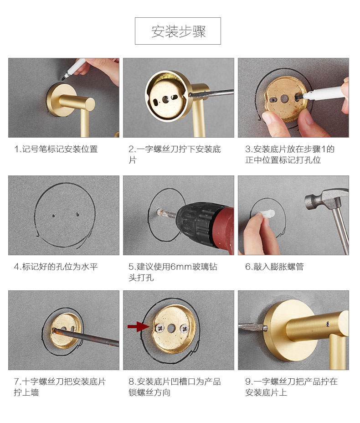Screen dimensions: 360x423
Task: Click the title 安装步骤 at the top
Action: point(178,31)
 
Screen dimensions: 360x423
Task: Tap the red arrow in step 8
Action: point(138,327)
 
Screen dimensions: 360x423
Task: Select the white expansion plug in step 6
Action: point(267,214)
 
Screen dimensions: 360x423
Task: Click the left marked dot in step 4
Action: point(53,216)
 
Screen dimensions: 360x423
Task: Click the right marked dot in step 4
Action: point(77,215)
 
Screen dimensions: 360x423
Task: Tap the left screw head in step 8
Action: point(159,328)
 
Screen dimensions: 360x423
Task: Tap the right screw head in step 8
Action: point(184,328)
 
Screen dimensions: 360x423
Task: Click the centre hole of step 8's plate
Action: point(171,328)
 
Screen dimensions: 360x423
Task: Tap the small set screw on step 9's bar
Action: point(328,324)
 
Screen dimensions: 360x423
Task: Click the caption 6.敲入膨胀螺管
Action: point(274,267)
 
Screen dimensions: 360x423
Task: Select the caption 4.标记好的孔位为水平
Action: point(56,267)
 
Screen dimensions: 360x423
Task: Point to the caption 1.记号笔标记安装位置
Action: point(56,149)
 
